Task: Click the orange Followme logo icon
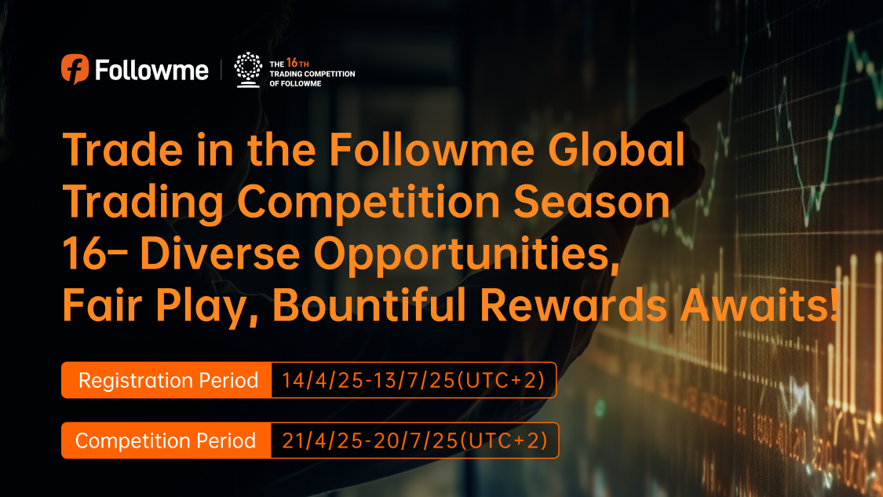[75, 69]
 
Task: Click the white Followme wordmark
[151, 71]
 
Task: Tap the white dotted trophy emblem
[248, 70]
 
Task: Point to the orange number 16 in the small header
[292, 63]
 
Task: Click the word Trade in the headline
[122, 150]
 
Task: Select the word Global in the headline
[616, 150]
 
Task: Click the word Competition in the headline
[369, 203]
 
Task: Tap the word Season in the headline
[591, 203]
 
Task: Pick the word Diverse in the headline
[220, 254]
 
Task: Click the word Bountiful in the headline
[370, 305]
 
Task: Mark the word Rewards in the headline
[573, 305]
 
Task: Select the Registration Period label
[168, 380]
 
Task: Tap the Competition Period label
[166, 440]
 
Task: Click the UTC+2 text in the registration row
[502, 380]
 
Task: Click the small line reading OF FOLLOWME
[295, 83]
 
